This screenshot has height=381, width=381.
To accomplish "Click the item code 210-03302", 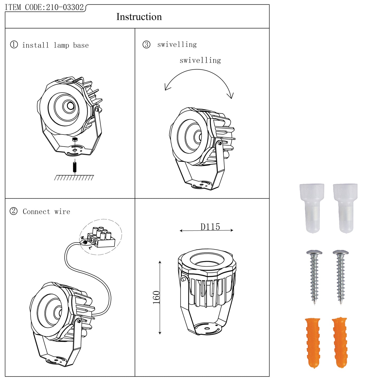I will pos(65,7).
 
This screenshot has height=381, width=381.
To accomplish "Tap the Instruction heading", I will pos(139,17).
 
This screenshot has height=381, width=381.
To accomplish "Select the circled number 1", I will pos(14,45).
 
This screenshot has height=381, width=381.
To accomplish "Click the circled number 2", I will pos(13,211).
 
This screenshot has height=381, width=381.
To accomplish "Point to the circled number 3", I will pos(146,45).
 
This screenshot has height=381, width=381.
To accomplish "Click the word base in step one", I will pos(81,45).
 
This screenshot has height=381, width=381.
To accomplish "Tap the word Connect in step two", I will pos(36,211).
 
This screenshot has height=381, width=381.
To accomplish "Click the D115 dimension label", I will pos(210,227).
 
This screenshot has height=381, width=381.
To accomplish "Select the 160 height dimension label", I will pos(156,297).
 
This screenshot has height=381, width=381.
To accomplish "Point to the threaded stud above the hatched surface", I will pos(75,167).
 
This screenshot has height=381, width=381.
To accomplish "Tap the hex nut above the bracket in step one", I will pos(75,139).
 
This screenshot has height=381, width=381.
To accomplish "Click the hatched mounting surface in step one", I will pos(74,178).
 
